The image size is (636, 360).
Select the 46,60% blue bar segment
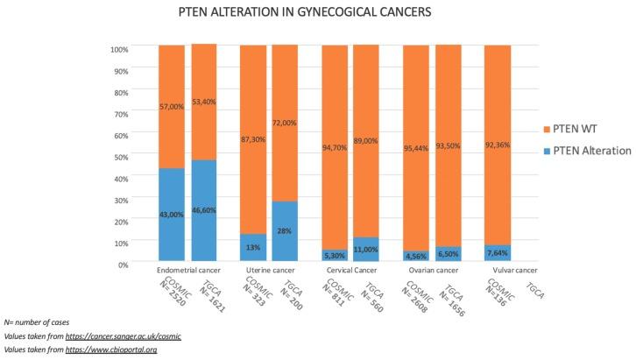pyautogui.click(x=204, y=210)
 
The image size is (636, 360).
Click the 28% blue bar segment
pyautogui.click(x=286, y=230)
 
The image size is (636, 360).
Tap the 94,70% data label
pyautogui.click(x=335, y=137)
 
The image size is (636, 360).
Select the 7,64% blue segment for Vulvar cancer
pyautogui.click(x=497, y=253)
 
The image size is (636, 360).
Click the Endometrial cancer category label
pyautogui.click(x=188, y=272)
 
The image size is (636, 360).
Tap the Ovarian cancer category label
pyautogui.click(x=431, y=272)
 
